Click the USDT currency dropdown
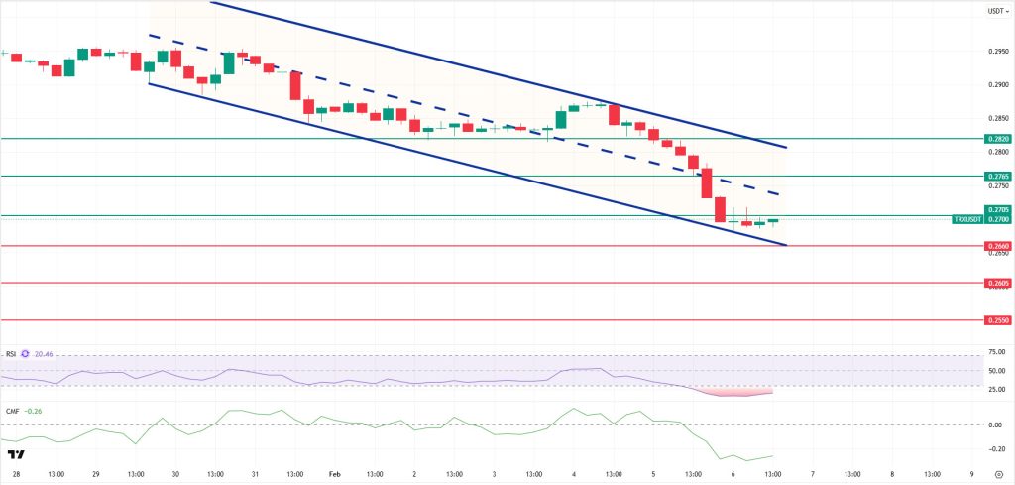pos(997,11)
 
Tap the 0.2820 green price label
pos(997,139)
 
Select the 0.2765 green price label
pos(997,176)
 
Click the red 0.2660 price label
pos(997,245)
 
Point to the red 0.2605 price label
pos(997,283)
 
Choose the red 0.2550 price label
pos(997,320)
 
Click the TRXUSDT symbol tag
pos(966,218)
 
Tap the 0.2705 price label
pos(997,209)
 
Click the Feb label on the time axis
pos(334,474)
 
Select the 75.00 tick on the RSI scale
pos(997,352)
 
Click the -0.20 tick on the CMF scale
pos(997,447)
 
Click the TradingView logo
pos(15,454)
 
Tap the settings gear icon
pos(998,474)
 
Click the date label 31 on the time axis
pos(255,474)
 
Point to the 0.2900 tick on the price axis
pos(997,84)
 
